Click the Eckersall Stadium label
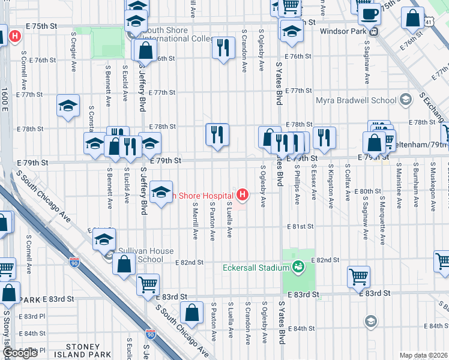pyautogui.click(x=256, y=268)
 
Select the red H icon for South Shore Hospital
pyautogui.click(x=242, y=194)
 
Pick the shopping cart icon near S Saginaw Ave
pyautogui.click(x=358, y=277)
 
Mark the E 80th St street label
pyautogui.click(x=367, y=191)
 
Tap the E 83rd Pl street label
pyautogui.click(x=32, y=316)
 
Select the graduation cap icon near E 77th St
pyautogui.click(x=68, y=106)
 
